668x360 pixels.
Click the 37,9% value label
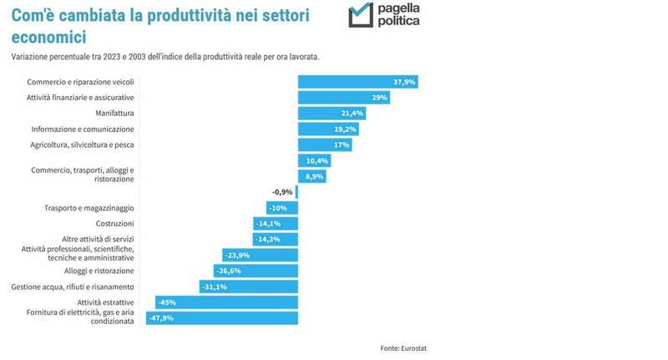click(x=403, y=82)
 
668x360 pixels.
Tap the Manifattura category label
click(x=115, y=113)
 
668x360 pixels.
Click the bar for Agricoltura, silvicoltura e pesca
click(x=325, y=145)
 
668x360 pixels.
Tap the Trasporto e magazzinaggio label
click(x=89, y=208)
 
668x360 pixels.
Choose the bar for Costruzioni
click(x=276, y=224)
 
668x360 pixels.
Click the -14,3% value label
click(x=267, y=239)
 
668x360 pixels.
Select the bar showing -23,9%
click(x=260, y=255)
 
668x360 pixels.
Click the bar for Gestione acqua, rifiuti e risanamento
click(x=249, y=286)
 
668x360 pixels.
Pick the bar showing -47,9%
click(x=221, y=317)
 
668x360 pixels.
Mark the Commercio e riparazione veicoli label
click(x=80, y=82)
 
